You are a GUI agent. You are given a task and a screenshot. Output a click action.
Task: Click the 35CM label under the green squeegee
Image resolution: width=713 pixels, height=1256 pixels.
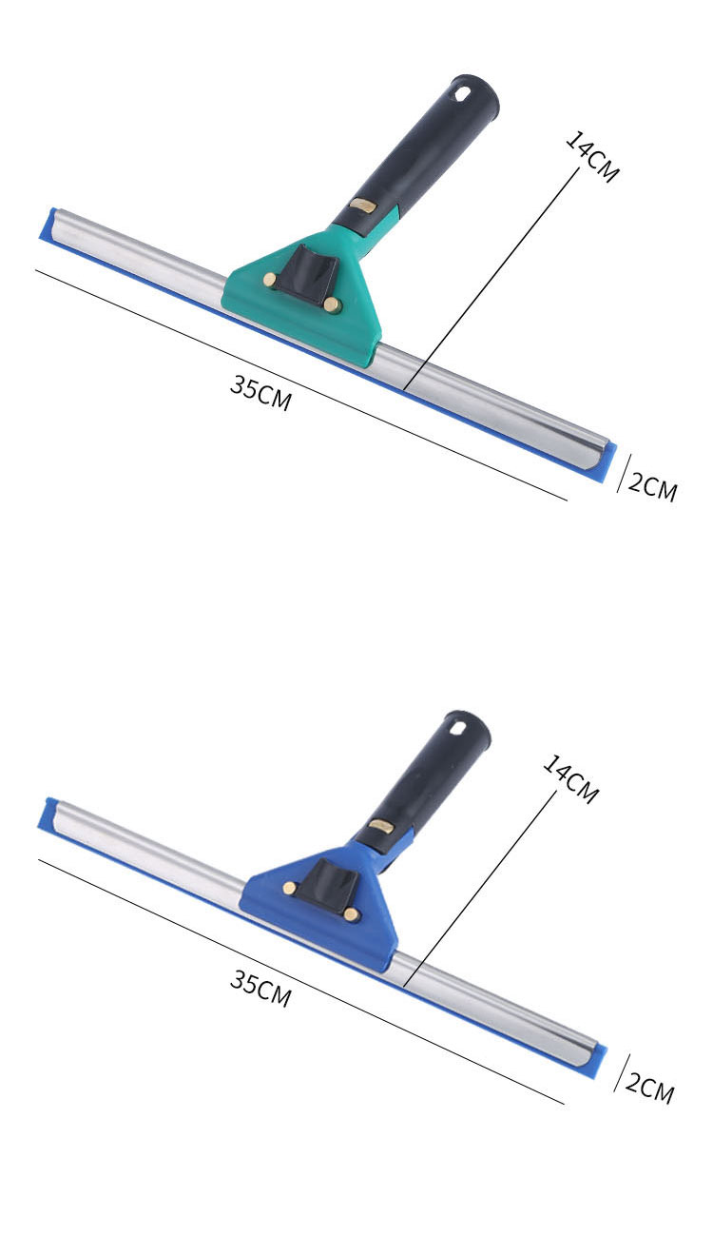(261, 393)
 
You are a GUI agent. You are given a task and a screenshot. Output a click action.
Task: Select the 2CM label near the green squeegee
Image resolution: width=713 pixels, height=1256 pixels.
(652, 487)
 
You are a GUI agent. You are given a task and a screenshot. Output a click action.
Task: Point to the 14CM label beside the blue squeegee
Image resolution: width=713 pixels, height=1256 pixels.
(570, 779)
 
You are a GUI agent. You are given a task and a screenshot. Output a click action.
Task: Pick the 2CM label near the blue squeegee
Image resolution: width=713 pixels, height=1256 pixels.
(649, 1089)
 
